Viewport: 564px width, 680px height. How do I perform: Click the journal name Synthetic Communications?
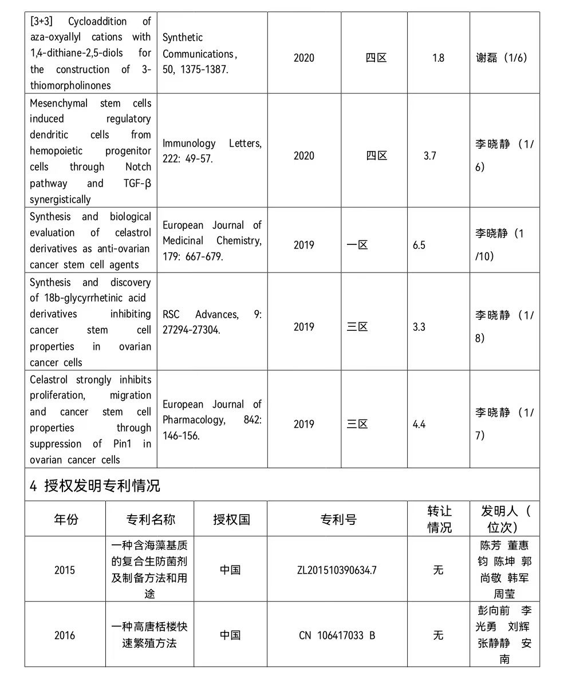(199, 46)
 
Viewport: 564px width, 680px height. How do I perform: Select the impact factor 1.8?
(438, 58)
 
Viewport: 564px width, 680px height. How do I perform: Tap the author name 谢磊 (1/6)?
(502, 58)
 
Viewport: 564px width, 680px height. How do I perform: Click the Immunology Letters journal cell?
(212, 151)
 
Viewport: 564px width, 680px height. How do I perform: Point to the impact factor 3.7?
(430, 156)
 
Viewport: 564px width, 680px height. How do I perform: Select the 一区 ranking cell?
(357, 245)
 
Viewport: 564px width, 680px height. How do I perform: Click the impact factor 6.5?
(419, 245)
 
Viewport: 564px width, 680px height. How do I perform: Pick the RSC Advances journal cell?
(212, 322)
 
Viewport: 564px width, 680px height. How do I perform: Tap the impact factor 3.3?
(419, 327)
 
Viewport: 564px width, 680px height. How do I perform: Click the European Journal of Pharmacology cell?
(212, 420)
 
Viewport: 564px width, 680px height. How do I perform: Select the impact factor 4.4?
(419, 424)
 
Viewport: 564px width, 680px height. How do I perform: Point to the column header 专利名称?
(150, 519)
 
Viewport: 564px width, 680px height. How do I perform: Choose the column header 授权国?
(231, 519)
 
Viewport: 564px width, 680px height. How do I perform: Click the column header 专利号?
(338, 519)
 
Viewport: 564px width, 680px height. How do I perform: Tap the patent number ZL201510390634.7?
(337, 570)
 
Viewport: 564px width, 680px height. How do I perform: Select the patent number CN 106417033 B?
(337, 635)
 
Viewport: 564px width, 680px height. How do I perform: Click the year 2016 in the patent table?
(65, 635)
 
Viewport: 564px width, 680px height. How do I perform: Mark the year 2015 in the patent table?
(65, 570)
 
